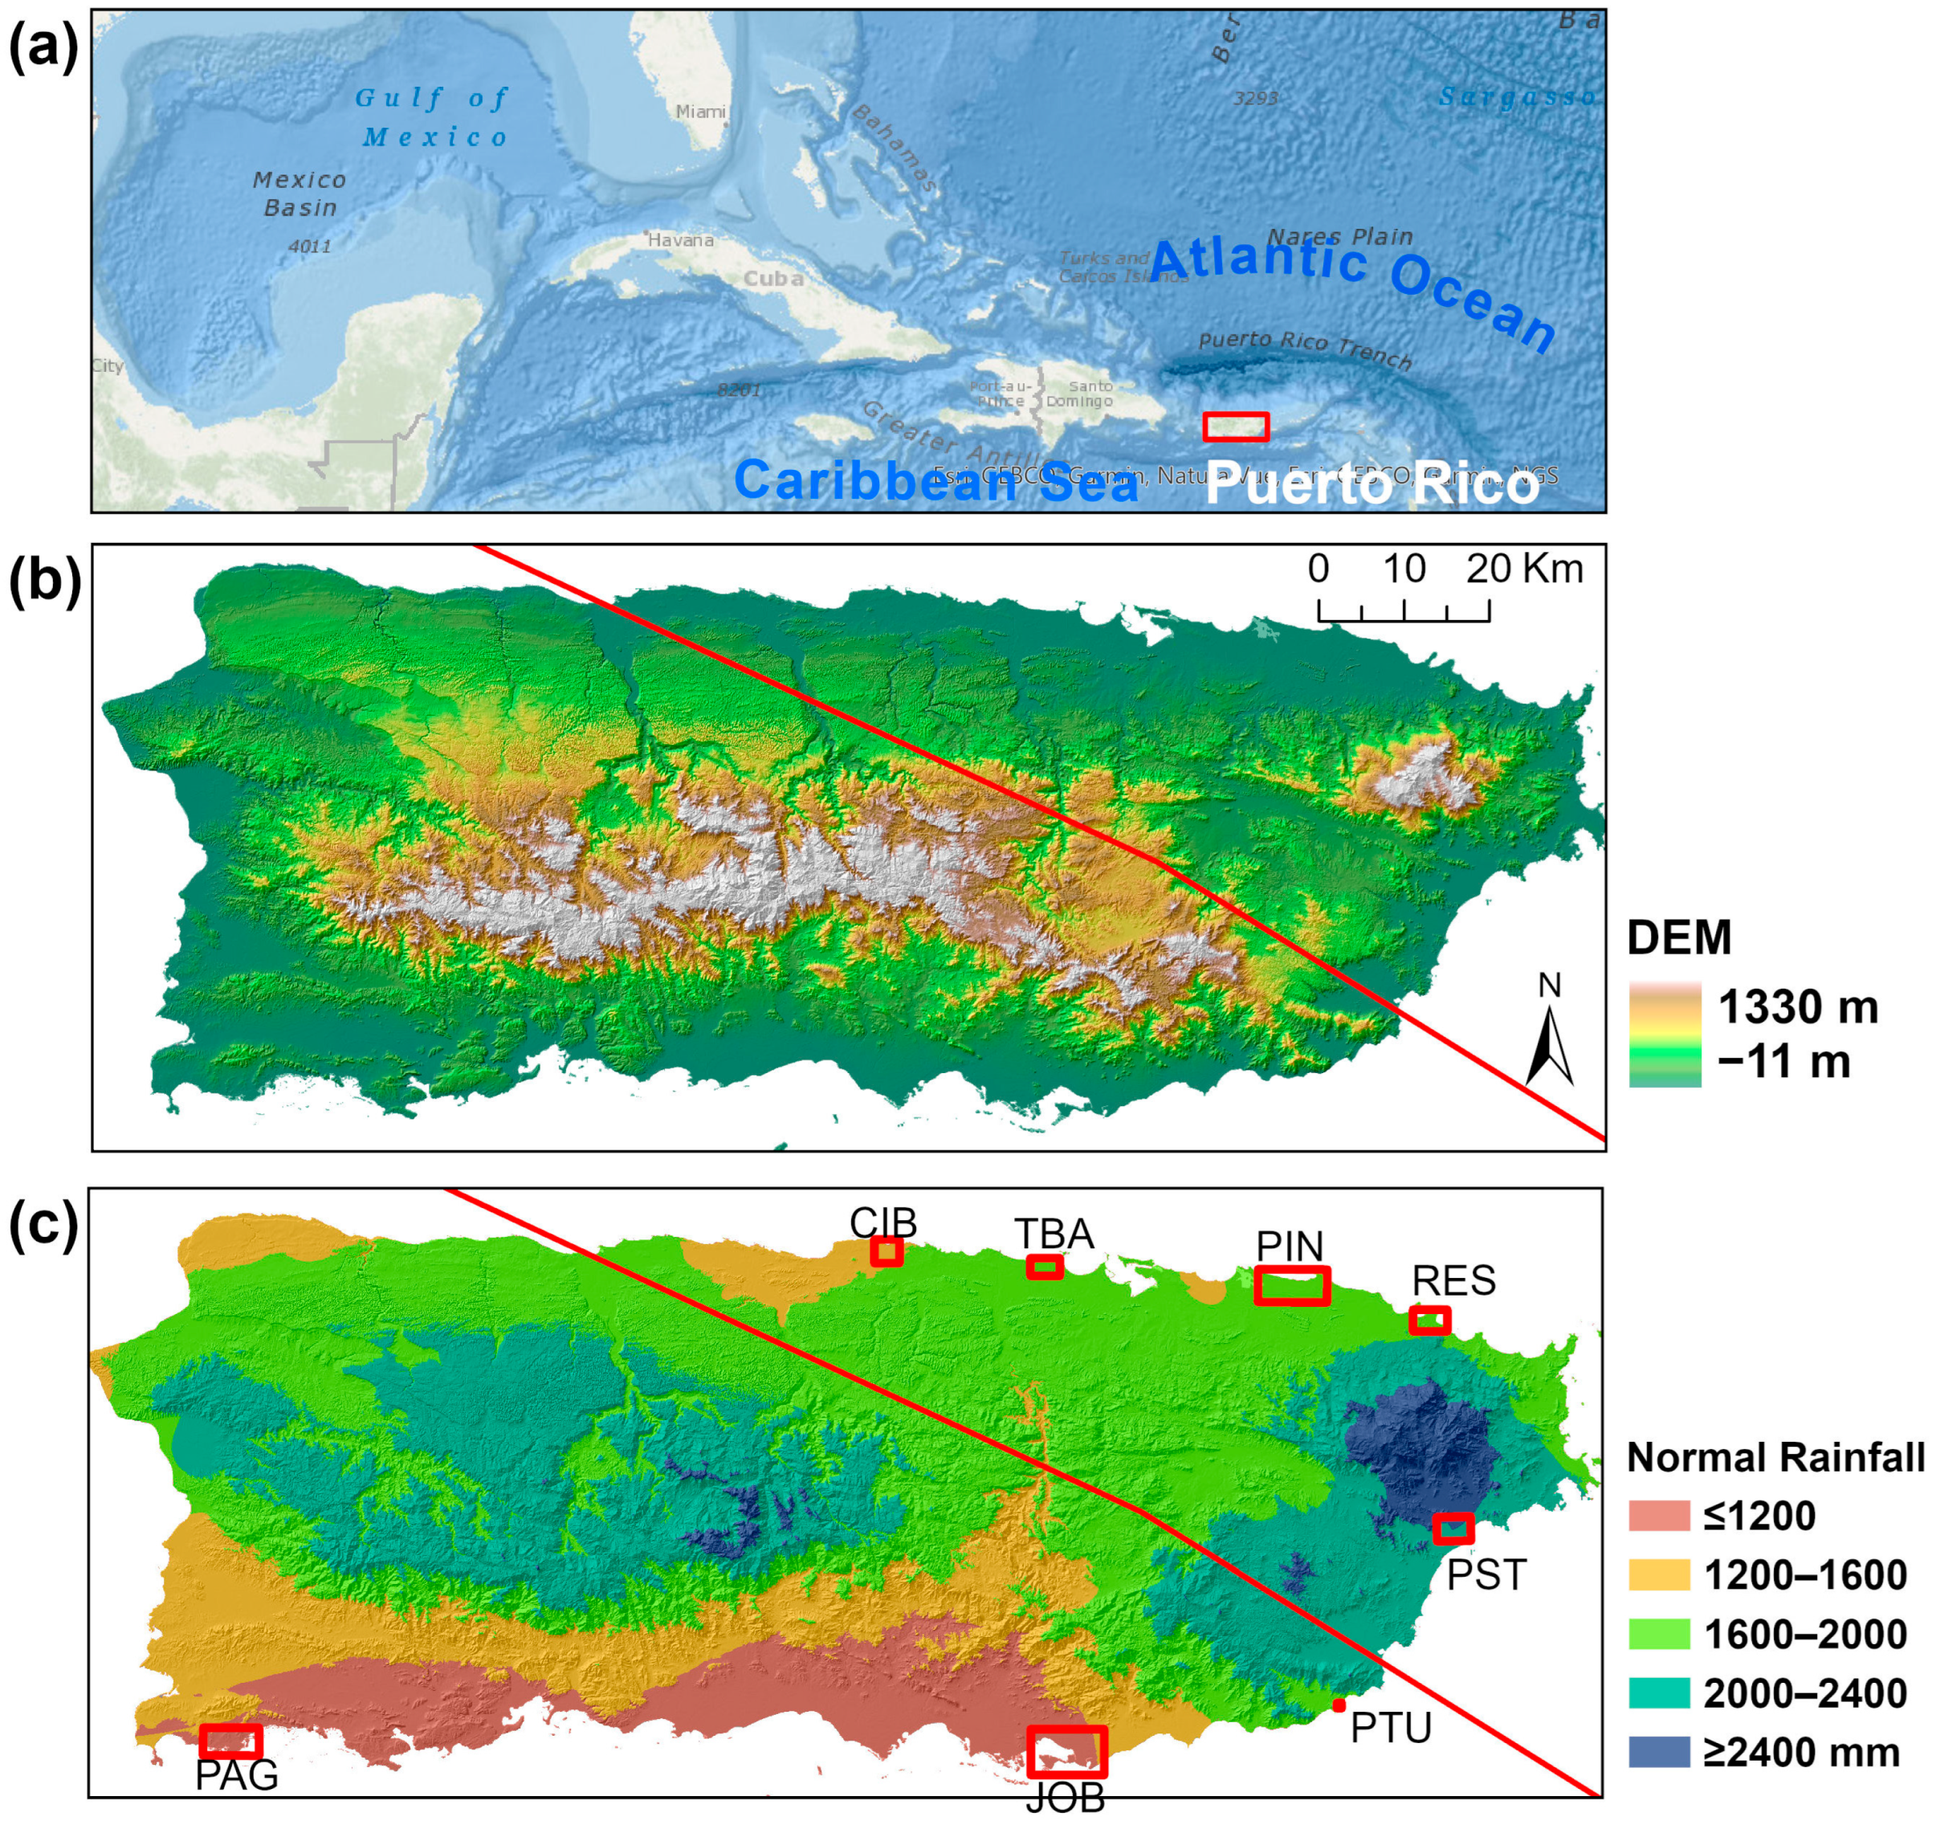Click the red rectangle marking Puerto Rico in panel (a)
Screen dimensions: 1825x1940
1236,427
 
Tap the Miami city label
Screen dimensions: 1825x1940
701,112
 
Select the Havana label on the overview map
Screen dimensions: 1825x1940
680,240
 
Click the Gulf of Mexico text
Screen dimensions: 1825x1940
432,117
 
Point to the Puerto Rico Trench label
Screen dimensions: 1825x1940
1305,349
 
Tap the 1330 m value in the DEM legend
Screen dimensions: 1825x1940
1798,1007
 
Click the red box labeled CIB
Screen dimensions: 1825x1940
886,1252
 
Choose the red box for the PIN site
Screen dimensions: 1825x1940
1292,1285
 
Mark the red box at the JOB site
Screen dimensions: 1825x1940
1066,1752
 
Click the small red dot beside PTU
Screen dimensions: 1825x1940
1339,1706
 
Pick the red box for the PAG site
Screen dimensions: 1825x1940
231,1741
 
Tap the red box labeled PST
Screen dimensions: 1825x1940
1453,1529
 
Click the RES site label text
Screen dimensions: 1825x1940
1454,1281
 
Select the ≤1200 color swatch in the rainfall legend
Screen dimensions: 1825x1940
1659,1516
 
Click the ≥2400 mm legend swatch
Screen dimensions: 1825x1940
1659,1752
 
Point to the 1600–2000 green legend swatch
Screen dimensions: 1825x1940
1659,1634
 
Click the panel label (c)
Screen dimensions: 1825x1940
43,1225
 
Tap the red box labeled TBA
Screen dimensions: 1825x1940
1044,1267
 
